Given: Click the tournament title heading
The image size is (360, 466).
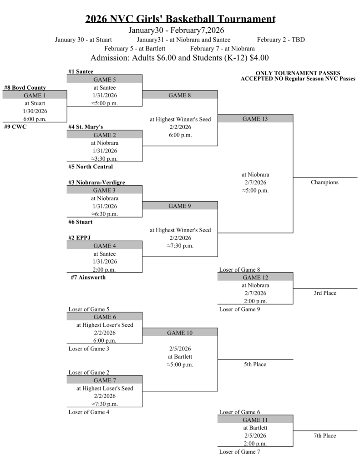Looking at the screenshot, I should pyautogui.click(x=180, y=19).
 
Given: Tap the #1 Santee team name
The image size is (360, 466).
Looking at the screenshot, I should pyautogui.click(x=81, y=71).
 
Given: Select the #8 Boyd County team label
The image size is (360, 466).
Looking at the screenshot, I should pyautogui.click(x=25, y=87).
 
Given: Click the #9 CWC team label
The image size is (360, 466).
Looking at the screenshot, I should pyautogui.click(x=15, y=127).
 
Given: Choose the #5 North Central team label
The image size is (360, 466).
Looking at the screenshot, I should pyautogui.click(x=91, y=167).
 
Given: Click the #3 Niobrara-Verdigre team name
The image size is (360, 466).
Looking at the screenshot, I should pyautogui.click(x=96, y=182).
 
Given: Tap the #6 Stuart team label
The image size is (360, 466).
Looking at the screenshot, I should pyautogui.click(x=81, y=222).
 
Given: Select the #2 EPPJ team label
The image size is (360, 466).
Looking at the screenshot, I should pyautogui.click(x=80, y=238).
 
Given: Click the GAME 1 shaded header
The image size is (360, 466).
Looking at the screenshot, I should pyautogui.click(x=35, y=96).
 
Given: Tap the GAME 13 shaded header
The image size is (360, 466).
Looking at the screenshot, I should pyautogui.click(x=255, y=119).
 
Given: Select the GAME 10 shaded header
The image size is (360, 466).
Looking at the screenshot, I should pyautogui.click(x=180, y=333).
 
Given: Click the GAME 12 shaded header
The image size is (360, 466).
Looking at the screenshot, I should pyautogui.click(x=255, y=277).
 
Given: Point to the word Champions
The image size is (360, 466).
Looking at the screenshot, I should pyautogui.click(x=325, y=182).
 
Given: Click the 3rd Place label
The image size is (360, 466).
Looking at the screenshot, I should pyautogui.click(x=325, y=293).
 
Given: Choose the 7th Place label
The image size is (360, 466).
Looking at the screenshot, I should pyautogui.click(x=325, y=436).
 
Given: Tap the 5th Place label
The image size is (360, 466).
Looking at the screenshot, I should pyautogui.click(x=255, y=365).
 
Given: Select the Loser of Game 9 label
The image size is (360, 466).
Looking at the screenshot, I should pyautogui.click(x=239, y=309).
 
